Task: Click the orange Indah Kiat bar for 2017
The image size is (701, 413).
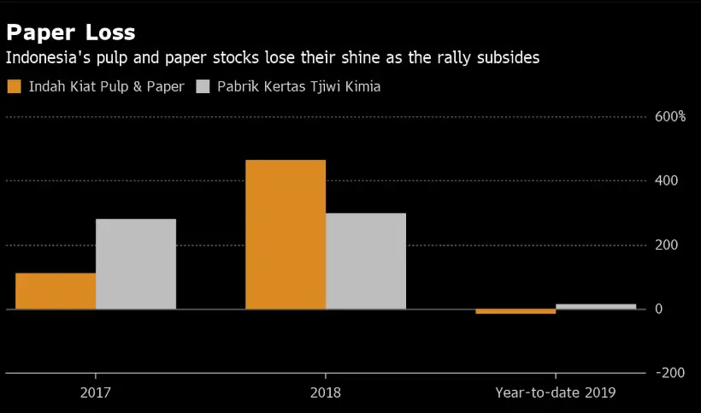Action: point(56,291)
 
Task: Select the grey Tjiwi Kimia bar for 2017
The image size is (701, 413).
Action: point(136,263)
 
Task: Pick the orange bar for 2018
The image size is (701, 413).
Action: point(286,234)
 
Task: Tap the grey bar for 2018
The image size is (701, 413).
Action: point(366,261)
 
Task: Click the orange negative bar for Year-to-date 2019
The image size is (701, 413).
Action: point(515,311)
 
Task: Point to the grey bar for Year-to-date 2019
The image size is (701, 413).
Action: point(596,306)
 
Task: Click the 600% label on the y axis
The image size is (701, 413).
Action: point(670,116)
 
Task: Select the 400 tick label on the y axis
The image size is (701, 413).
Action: point(667,180)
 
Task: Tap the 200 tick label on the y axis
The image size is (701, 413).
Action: point(667,245)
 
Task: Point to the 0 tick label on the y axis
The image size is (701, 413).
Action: point(659,309)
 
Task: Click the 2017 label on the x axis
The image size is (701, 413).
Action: point(96,393)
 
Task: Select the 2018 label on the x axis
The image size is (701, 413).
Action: point(326,393)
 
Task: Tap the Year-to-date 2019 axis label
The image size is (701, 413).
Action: point(555,393)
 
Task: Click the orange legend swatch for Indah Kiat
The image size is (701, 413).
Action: point(14,86)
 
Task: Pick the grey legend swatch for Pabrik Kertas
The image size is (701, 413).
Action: point(203,86)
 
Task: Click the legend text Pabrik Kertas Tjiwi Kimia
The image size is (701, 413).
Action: point(299,86)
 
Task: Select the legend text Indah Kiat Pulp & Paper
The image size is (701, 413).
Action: point(106,86)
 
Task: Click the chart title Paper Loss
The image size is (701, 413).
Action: point(70,32)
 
